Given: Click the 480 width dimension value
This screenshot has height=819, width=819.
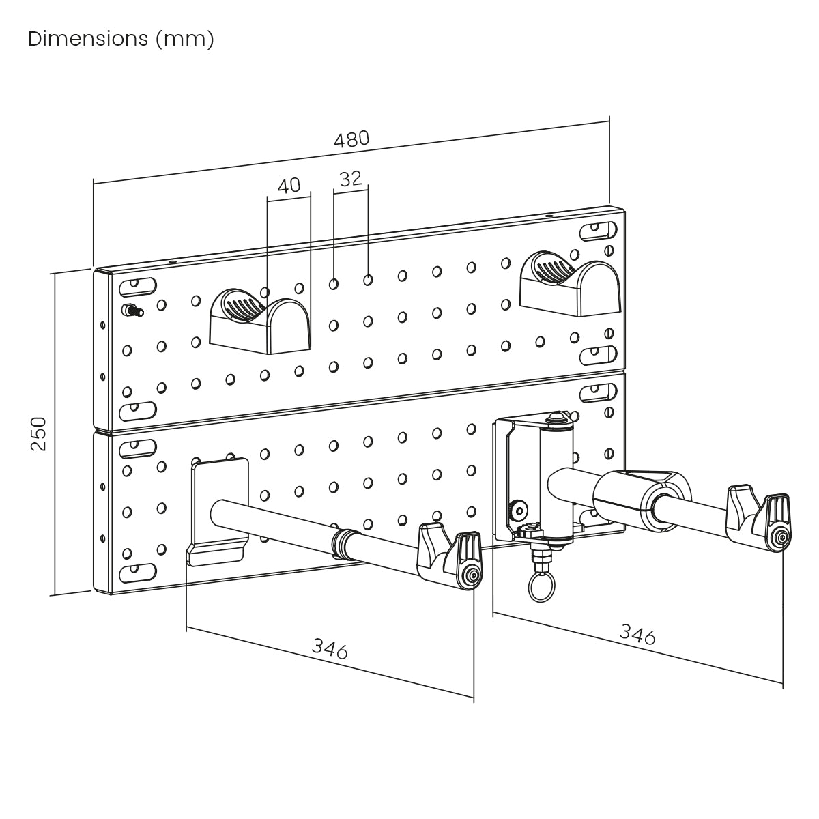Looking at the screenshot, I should [x=351, y=139].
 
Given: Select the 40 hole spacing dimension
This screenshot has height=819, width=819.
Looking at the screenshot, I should [x=289, y=186].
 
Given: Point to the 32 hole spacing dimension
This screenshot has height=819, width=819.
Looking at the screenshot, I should [x=350, y=179].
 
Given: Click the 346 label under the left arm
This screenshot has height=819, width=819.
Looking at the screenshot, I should [x=330, y=648].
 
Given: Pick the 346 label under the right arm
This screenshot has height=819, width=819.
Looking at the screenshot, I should [x=637, y=634].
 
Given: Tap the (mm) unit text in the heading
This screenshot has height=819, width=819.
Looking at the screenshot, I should [x=184, y=39].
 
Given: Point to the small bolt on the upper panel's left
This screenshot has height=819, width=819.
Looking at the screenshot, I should [x=132, y=311].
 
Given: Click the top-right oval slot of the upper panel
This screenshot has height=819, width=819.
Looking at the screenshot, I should [x=596, y=231].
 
